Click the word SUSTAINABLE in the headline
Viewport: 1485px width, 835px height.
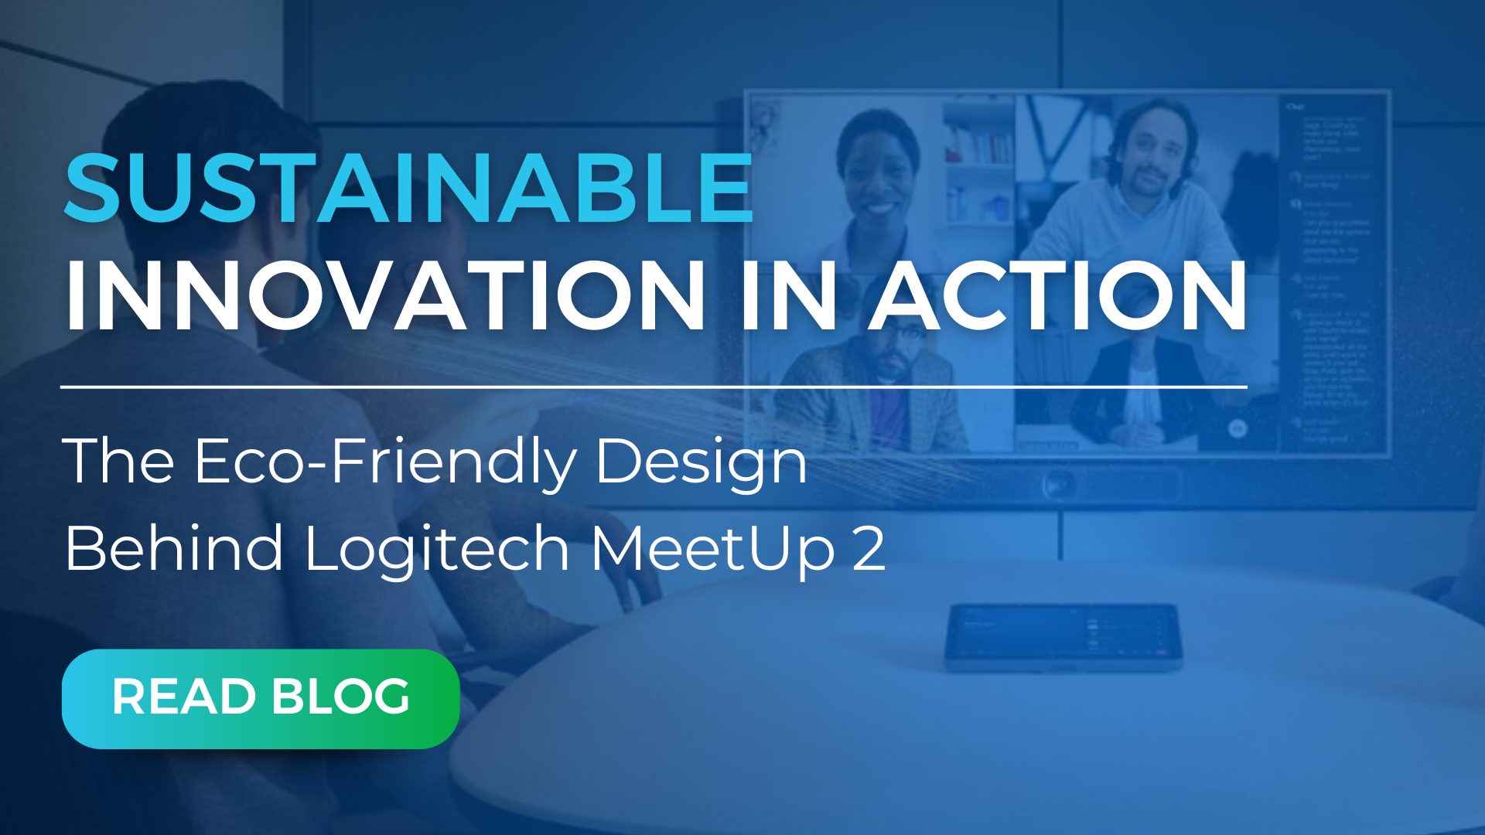[x=408, y=188]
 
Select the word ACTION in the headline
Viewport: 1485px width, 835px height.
[x=1057, y=296]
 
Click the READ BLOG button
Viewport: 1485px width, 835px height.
[x=261, y=698]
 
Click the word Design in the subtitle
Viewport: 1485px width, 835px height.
[x=701, y=463]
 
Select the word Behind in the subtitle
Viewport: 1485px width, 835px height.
[x=175, y=548]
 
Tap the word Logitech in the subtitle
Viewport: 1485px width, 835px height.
[x=437, y=550]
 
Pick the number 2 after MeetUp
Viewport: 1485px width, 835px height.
[x=868, y=548]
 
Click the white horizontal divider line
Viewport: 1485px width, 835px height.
[x=654, y=386]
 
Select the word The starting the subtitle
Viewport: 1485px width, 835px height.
[x=118, y=462]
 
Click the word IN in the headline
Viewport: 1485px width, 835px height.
[x=787, y=296]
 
